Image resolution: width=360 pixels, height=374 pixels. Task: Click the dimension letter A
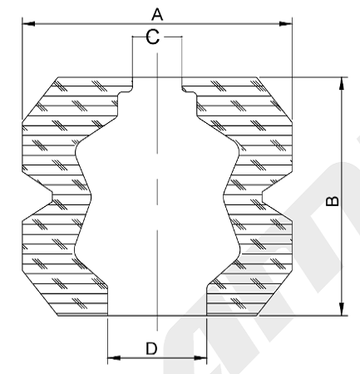pos(157,14)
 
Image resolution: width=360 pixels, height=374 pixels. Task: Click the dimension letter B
pos(332,201)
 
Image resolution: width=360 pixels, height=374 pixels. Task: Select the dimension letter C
pos(153,37)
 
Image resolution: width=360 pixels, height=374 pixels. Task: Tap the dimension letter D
pos(151,348)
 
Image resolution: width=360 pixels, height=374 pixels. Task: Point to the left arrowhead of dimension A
pos(28,24)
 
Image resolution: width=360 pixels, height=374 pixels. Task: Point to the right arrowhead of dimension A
pos(286,24)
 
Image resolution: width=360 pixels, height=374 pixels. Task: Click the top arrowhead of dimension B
pos(342,83)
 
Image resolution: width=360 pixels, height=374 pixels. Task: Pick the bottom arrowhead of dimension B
pos(342,309)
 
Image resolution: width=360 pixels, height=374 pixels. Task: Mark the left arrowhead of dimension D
pos(114,358)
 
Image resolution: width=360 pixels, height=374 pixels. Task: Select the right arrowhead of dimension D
pos(200,358)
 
